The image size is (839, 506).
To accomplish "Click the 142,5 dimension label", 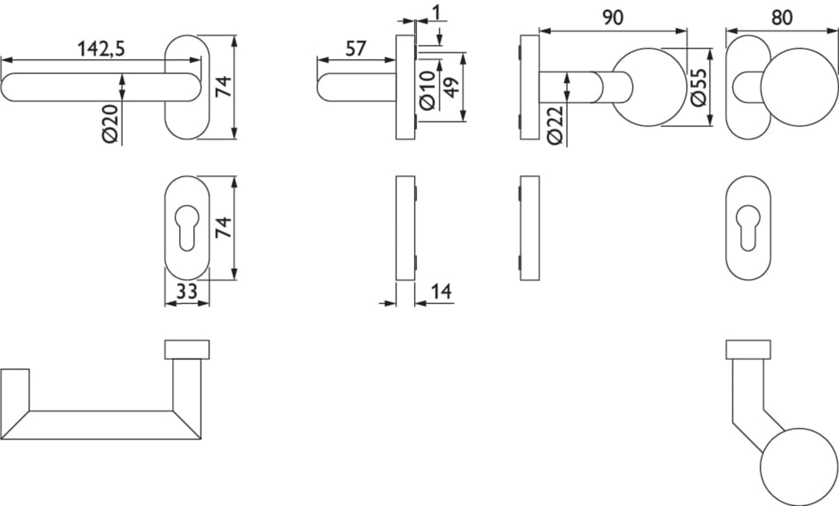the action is click(101, 49).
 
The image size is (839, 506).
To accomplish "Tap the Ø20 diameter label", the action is click(111, 124).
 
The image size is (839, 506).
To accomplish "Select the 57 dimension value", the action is click(356, 49).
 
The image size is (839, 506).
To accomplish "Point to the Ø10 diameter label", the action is click(428, 91).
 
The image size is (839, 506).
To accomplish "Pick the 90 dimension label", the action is click(612, 18).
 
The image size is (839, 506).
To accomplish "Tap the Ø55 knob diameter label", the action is click(698, 88).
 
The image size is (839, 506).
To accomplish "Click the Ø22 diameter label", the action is click(555, 125).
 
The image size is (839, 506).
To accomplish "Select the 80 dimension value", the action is click(781, 18).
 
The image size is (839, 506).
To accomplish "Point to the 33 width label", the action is click(187, 291).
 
